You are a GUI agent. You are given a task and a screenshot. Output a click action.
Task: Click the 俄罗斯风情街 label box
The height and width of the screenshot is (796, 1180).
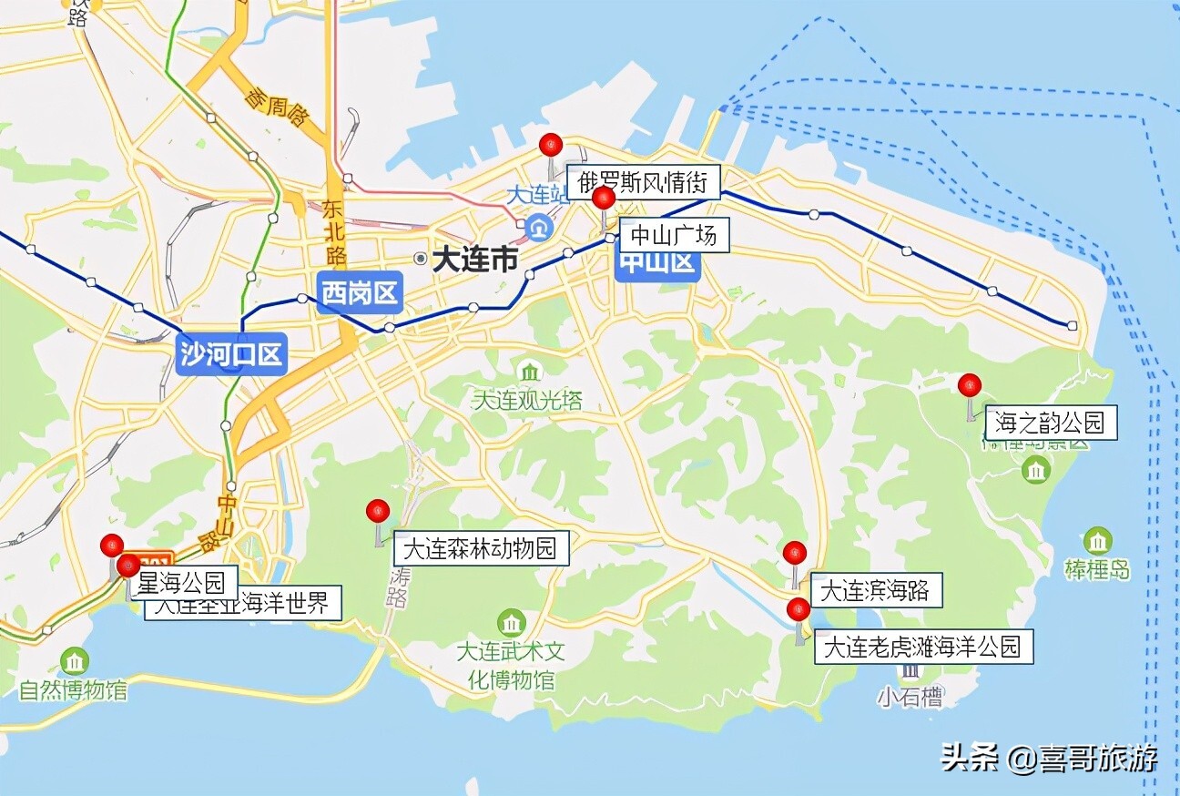(x=643, y=181)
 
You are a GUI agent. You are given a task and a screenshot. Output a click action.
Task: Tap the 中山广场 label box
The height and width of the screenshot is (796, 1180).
(x=674, y=236)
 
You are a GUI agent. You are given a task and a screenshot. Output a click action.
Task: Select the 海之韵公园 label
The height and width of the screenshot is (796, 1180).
(x=1051, y=423)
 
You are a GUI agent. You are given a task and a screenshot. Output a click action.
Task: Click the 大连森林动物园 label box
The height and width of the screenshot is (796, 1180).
(x=480, y=548)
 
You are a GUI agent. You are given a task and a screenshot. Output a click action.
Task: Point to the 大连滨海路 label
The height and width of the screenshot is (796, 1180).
(x=875, y=590)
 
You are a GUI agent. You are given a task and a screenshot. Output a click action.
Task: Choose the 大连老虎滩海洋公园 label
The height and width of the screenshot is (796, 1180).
(x=923, y=647)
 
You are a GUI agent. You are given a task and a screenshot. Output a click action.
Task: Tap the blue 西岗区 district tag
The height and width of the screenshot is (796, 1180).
(x=360, y=293)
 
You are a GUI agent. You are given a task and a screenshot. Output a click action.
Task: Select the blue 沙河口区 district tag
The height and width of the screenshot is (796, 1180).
(x=231, y=353)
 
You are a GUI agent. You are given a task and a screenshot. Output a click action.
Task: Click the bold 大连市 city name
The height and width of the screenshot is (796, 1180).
(x=473, y=260)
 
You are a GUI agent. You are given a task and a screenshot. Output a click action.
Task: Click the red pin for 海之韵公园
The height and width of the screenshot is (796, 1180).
(x=970, y=385)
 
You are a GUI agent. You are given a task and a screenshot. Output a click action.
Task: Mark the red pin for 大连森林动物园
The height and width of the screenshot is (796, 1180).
(x=378, y=511)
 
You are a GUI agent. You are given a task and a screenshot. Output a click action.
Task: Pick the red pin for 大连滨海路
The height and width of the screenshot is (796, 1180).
(x=795, y=552)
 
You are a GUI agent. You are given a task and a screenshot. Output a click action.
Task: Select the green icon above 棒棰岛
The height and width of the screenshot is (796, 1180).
(x=1098, y=541)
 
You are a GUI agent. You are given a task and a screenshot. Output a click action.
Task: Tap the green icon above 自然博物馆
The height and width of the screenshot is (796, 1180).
(x=75, y=660)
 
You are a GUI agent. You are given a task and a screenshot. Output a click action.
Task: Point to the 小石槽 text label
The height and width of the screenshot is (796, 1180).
(x=910, y=698)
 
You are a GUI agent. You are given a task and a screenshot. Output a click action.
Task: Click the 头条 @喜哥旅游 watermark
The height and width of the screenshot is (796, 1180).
(x=1049, y=758)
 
